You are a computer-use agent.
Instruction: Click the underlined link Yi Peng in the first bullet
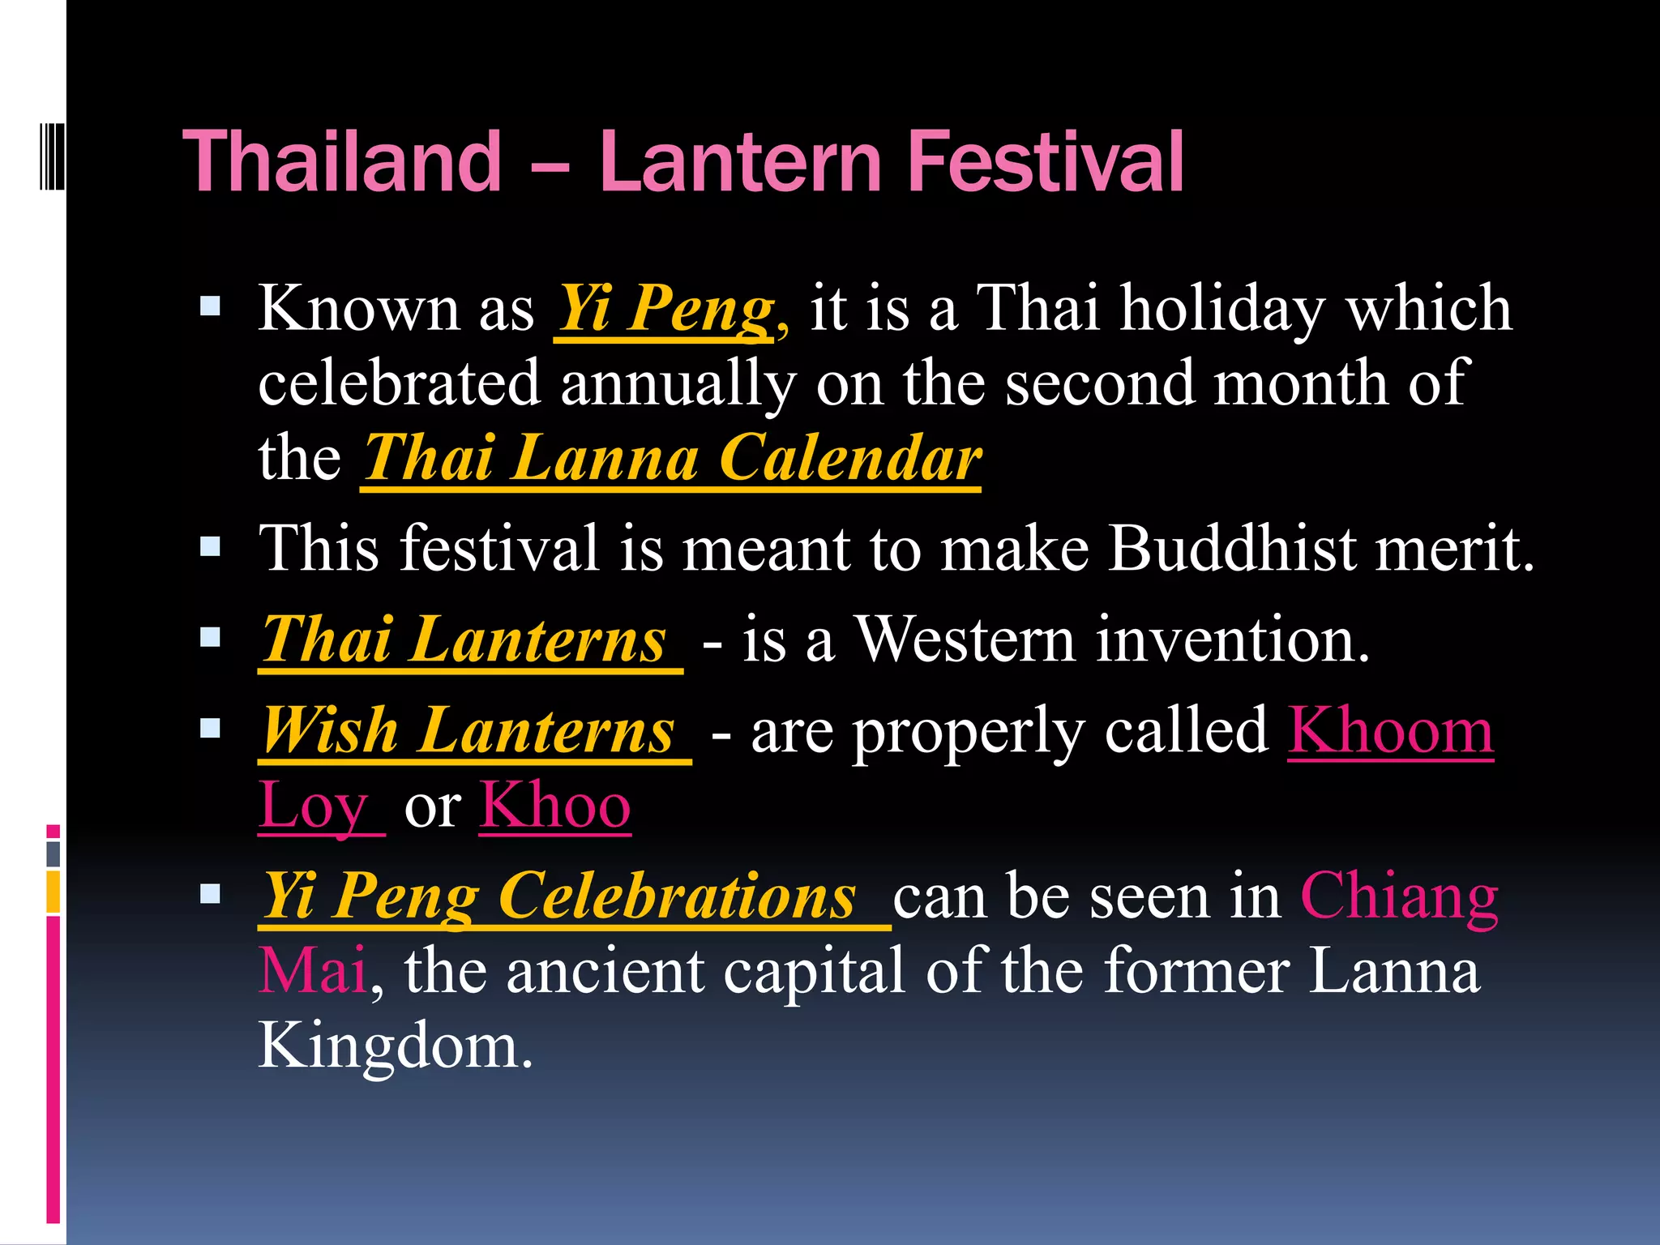[x=665, y=309]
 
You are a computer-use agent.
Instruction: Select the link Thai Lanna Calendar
[x=672, y=459]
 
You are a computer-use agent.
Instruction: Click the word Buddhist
[x=1233, y=549]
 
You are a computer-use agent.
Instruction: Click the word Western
[x=965, y=640]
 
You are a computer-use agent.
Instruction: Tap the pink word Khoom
[x=1390, y=731]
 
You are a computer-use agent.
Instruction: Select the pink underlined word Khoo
[x=555, y=806]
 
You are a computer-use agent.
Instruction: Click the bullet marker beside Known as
[x=211, y=307]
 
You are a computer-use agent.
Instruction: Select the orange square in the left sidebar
[x=53, y=892]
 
